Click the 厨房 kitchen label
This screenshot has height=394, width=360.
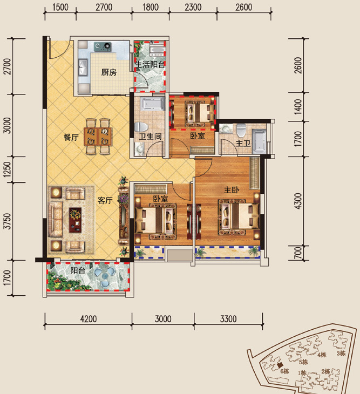click(109, 72)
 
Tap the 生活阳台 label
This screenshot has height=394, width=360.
click(150, 65)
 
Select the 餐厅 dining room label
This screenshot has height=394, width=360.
click(71, 137)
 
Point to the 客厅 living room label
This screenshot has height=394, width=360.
click(105, 200)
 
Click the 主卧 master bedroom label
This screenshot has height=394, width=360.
click(232, 189)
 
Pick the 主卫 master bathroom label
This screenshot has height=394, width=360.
click(243, 143)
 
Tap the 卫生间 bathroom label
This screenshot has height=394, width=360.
click(150, 137)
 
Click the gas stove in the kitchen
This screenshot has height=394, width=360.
click(103, 46)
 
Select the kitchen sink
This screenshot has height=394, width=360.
click(83, 67)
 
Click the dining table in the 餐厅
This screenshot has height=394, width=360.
click(98, 137)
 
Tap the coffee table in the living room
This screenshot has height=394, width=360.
click(76, 220)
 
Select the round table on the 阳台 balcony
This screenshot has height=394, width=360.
click(105, 276)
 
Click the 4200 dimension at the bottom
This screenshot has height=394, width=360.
click(89, 319)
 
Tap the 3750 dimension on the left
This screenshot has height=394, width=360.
click(8, 221)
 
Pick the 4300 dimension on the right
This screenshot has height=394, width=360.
click(298, 201)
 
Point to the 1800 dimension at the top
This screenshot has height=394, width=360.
click(151, 7)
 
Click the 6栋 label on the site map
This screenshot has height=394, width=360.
click(284, 371)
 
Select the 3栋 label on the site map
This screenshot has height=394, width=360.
click(341, 354)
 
